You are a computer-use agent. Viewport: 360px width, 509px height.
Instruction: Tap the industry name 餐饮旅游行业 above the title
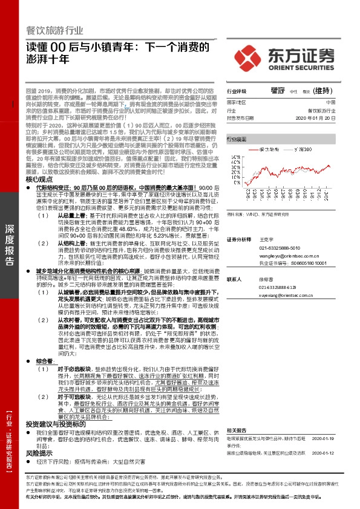[x=56, y=30]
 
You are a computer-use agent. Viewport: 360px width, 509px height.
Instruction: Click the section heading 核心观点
[x=41, y=180]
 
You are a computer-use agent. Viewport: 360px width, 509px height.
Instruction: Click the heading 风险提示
[x=41, y=435]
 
